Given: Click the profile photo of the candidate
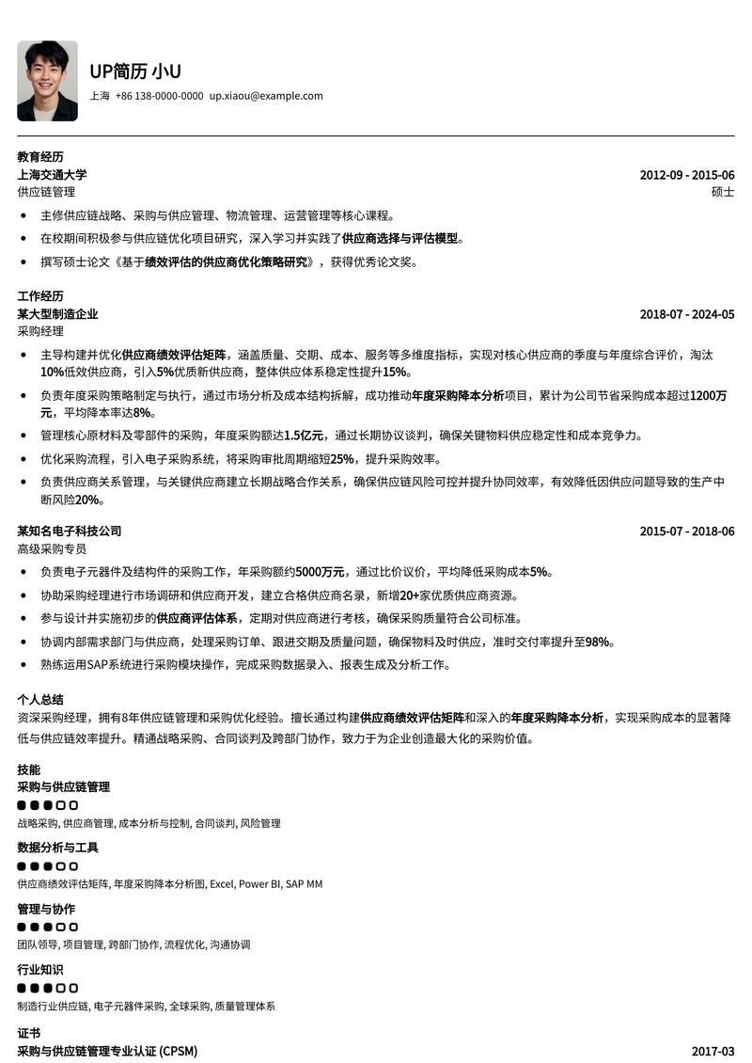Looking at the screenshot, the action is (x=47, y=81).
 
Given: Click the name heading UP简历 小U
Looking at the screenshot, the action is (x=135, y=71).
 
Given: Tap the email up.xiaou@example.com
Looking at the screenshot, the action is (x=266, y=96).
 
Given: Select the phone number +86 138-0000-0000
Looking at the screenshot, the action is (x=159, y=96).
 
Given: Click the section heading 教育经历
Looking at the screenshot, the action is (x=40, y=157).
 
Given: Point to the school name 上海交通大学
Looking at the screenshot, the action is (x=52, y=175).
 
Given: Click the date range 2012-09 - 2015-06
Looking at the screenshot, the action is (x=686, y=175).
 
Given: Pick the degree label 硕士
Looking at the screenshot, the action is (x=723, y=192).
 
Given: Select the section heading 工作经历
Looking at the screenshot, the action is (x=40, y=296).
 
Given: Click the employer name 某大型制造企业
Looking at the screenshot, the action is (x=57, y=314).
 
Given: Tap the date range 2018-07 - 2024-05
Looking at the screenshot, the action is (x=686, y=314).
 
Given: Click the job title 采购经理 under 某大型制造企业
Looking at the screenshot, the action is (x=40, y=331).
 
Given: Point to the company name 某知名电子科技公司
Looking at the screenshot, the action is (x=69, y=531).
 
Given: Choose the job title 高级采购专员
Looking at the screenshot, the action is (x=52, y=548).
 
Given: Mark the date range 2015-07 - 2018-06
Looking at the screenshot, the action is (x=686, y=531).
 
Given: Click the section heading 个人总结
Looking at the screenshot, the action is (x=40, y=700).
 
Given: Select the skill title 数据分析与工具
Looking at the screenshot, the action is (x=57, y=848).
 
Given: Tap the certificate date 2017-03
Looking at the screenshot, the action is (x=713, y=1051).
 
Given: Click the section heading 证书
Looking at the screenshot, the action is (x=29, y=1033).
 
